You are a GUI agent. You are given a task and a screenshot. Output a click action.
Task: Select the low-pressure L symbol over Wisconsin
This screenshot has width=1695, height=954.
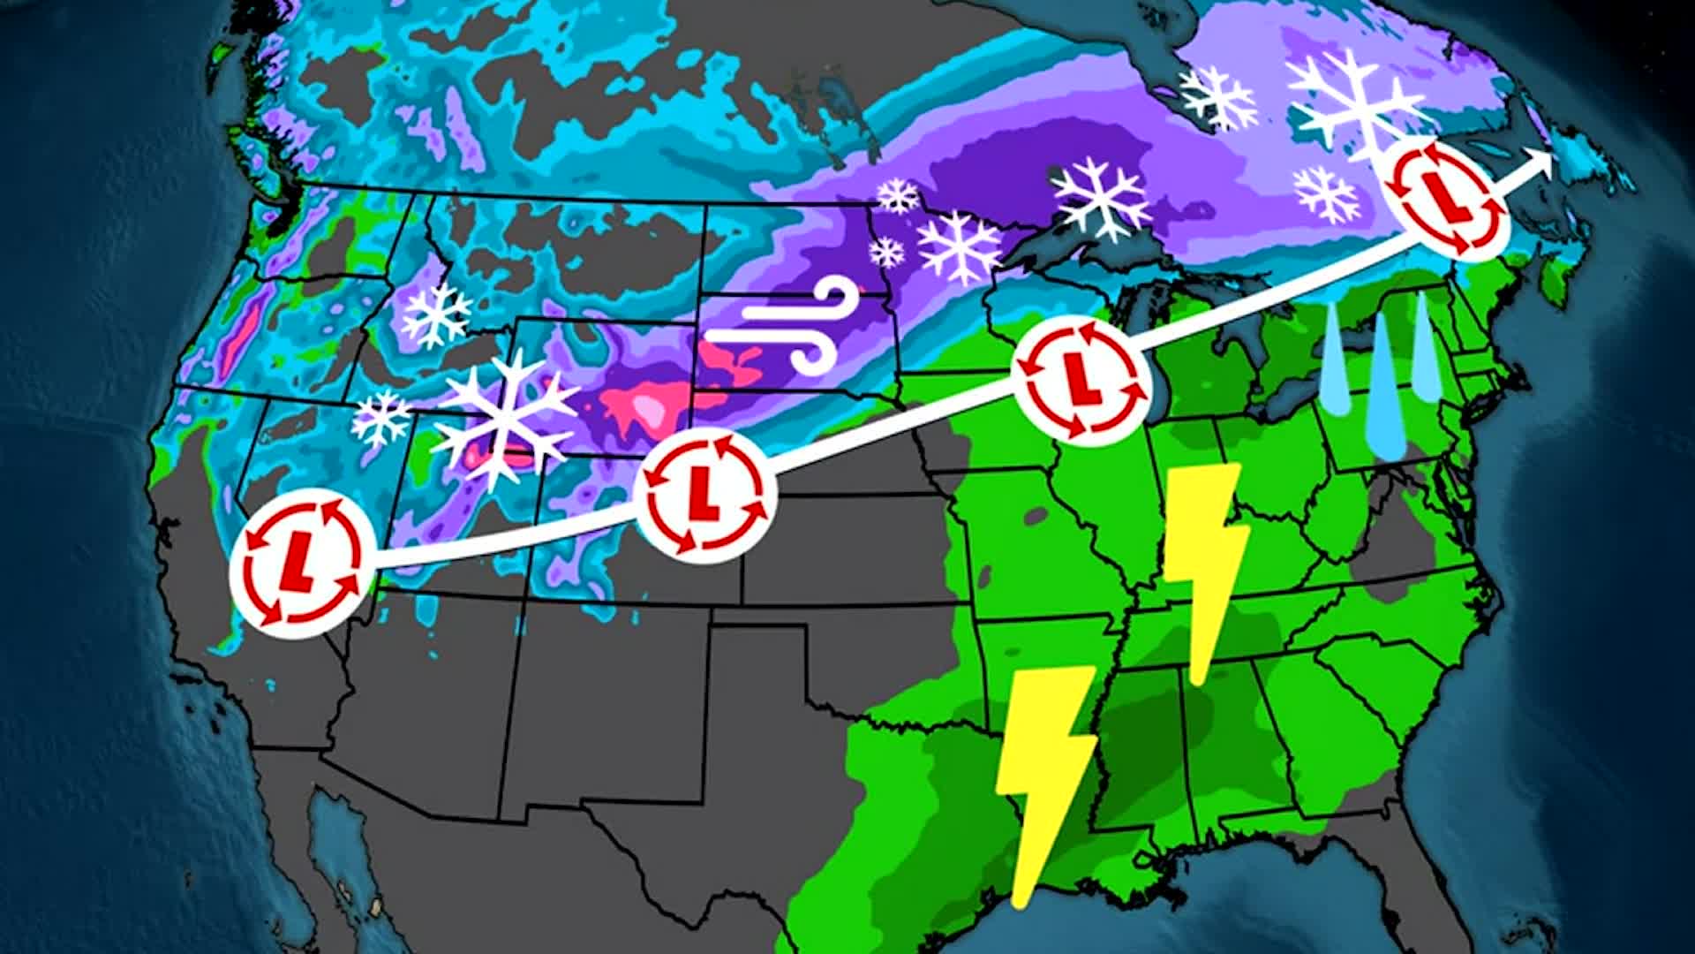[x=1081, y=381]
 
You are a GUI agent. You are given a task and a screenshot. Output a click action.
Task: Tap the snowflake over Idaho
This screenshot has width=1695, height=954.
[x=436, y=315]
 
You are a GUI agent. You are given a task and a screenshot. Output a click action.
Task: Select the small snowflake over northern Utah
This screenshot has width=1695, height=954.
[x=381, y=417]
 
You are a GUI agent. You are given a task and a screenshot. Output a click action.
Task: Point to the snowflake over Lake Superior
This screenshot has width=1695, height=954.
[x=1102, y=198]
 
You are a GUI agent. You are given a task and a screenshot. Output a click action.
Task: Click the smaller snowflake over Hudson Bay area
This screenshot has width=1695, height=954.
[x=1218, y=96]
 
